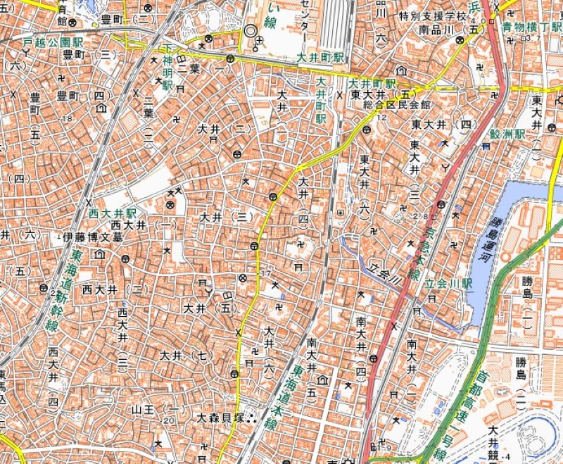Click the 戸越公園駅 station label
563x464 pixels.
[53, 43]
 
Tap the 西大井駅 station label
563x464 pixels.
[112, 212]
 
